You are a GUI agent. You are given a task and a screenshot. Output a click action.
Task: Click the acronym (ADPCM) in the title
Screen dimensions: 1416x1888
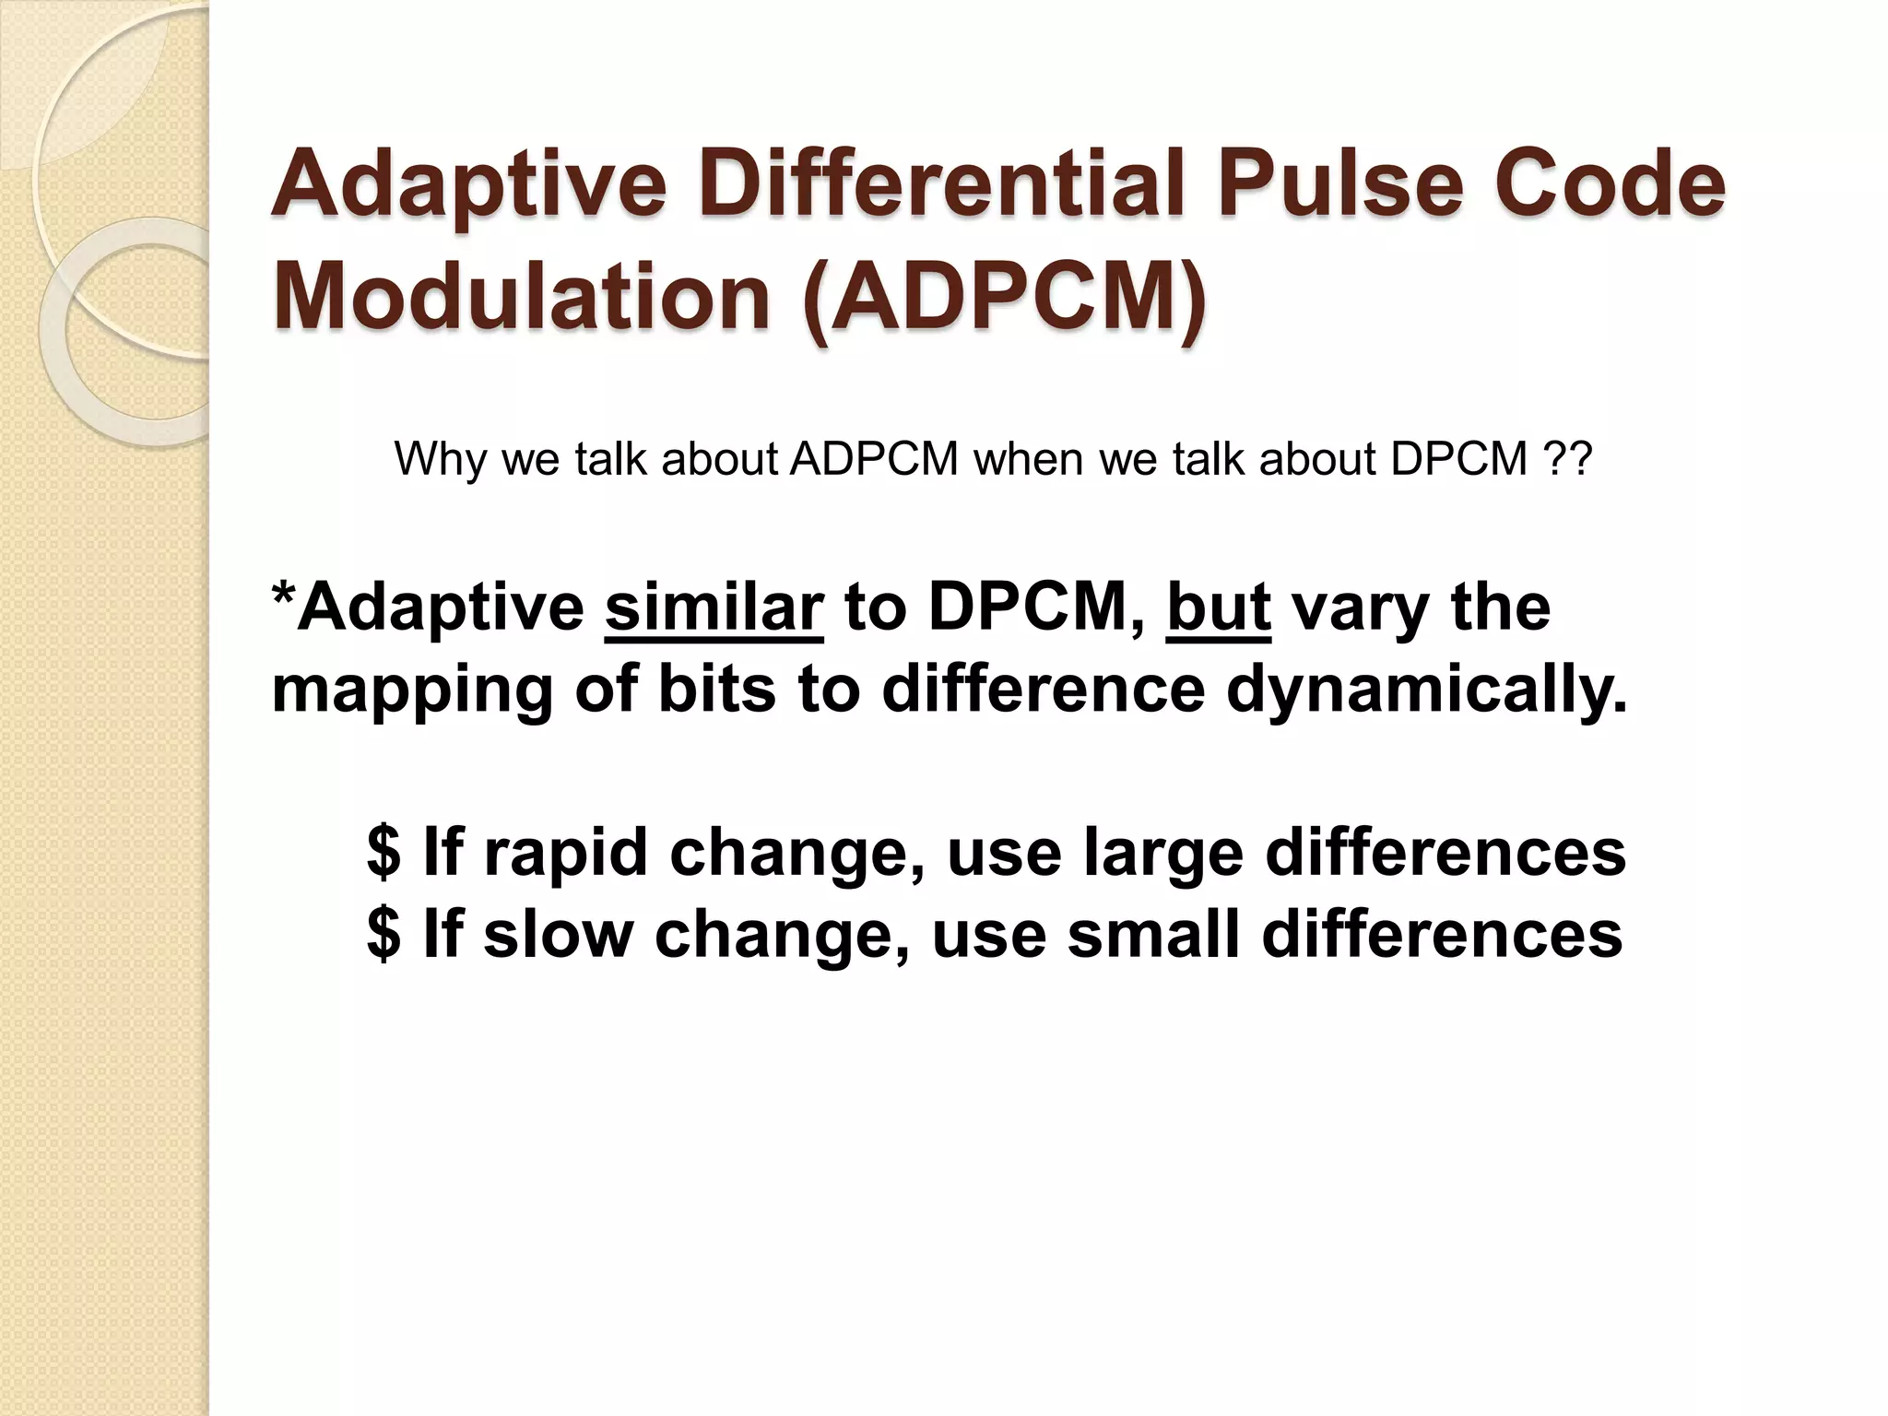(1004, 297)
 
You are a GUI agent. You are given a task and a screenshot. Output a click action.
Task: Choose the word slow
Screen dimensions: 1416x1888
(558, 934)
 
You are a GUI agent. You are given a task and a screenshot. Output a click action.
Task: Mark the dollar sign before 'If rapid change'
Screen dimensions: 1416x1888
(383, 852)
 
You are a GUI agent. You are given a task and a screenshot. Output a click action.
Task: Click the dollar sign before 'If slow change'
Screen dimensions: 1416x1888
(383, 933)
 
